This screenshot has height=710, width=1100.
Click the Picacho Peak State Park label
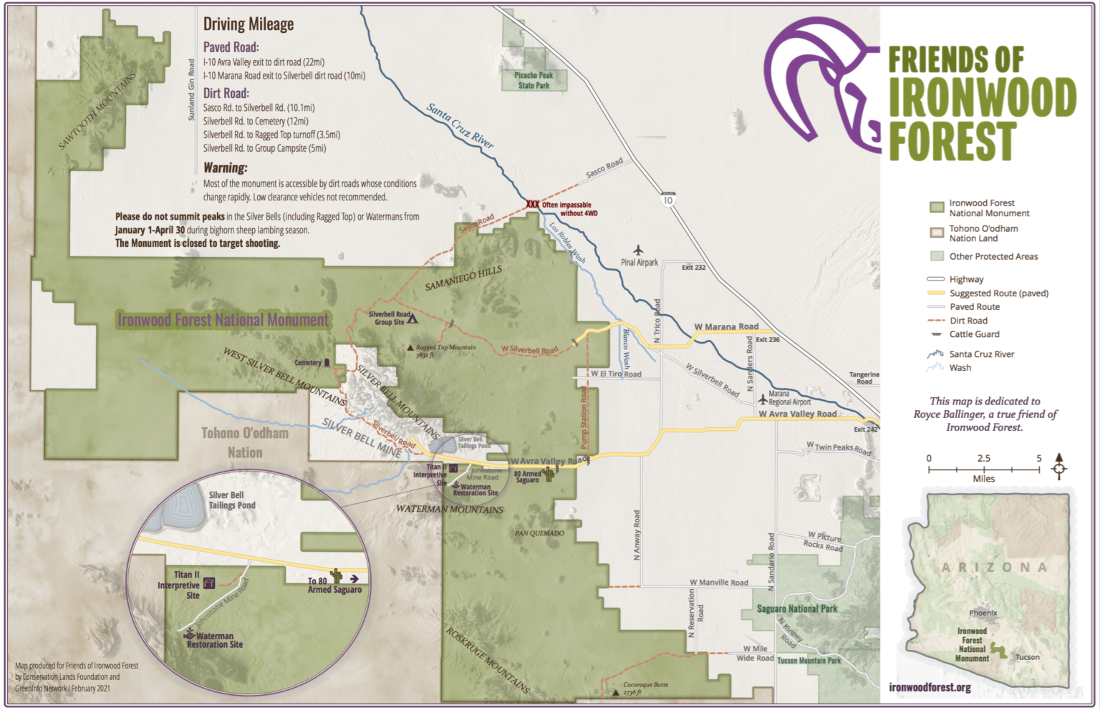pyautogui.click(x=534, y=80)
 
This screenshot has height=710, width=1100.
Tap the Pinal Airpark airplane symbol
pyautogui.click(x=638, y=251)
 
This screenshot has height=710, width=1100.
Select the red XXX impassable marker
pyautogui.click(x=533, y=205)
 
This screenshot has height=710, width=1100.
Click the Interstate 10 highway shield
pyautogui.click(x=668, y=200)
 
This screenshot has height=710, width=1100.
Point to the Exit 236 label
pyautogui.click(x=768, y=340)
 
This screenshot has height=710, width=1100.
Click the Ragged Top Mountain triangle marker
pyautogui.click(x=410, y=348)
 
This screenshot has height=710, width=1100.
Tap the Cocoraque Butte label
pyautogui.click(x=645, y=685)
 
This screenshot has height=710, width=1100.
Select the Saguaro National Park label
pyautogui.click(x=797, y=609)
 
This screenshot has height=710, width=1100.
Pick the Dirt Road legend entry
pyautogui.click(x=968, y=321)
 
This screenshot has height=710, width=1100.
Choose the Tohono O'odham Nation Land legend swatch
pyautogui.click(x=937, y=233)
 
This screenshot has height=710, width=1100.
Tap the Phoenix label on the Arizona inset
pyautogui.click(x=983, y=613)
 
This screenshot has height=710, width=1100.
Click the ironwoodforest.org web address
pyautogui.click(x=930, y=688)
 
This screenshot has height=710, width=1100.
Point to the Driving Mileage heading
pyautogui.click(x=249, y=24)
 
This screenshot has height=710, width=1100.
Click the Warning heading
pyautogui.click(x=225, y=167)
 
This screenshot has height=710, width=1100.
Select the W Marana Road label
pyautogui.click(x=726, y=327)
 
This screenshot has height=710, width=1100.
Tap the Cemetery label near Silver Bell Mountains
pyautogui.click(x=308, y=363)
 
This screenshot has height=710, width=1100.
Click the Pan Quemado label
pyautogui.click(x=539, y=533)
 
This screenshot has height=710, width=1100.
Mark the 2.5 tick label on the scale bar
pyautogui.click(x=984, y=458)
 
